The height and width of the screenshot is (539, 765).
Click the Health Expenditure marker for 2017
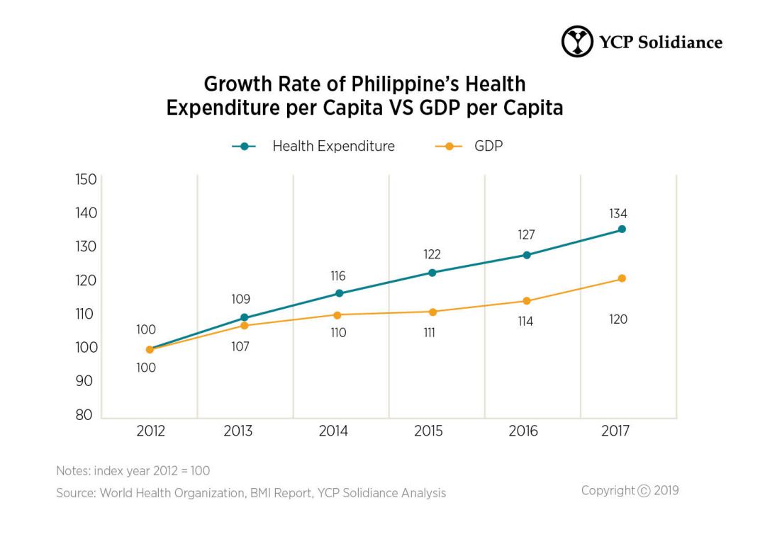(x=622, y=229)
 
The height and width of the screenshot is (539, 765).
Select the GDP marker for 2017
(x=622, y=278)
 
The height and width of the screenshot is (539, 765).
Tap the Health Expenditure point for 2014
(x=339, y=293)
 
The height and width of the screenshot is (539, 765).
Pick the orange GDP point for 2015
(x=432, y=312)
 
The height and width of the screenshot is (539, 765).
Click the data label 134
(x=618, y=213)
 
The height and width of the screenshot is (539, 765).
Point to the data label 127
(x=525, y=234)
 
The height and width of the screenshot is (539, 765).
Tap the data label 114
(x=525, y=322)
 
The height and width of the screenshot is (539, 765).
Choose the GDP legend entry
(x=488, y=147)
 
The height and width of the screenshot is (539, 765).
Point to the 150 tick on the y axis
(x=86, y=179)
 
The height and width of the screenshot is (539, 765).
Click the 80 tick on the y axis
(x=84, y=415)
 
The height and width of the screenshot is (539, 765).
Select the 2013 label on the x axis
(x=238, y=431)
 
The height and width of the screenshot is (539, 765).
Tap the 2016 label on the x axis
(x=523, y=431)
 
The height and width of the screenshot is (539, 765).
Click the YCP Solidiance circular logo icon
(x=576, y=41)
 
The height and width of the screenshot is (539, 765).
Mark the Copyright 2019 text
(x=630, y=490)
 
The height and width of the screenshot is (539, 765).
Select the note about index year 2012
(x=133, y=470)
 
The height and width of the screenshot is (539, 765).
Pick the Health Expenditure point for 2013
(x=245, y=317)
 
